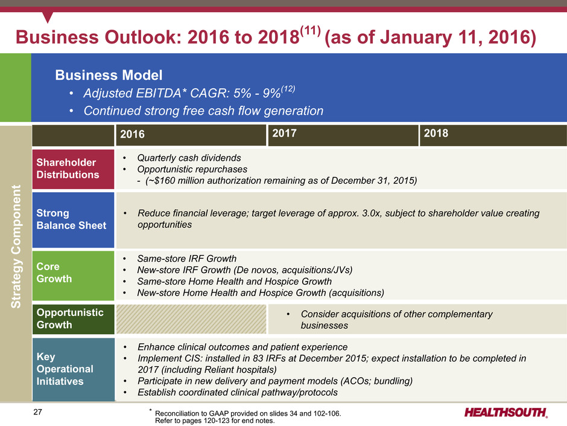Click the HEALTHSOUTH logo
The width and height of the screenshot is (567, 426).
506,413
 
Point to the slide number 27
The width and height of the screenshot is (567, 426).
37,412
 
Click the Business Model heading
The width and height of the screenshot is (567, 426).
109,75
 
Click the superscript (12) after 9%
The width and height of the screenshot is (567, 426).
288,89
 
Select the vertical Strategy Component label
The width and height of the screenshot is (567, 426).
16,247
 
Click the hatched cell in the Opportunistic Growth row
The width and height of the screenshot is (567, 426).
191,319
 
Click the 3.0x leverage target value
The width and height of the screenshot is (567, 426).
371,213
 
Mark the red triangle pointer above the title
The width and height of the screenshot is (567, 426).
48,17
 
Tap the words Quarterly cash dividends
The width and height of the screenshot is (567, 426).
189,158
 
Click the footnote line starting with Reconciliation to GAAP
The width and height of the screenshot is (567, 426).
248,413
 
